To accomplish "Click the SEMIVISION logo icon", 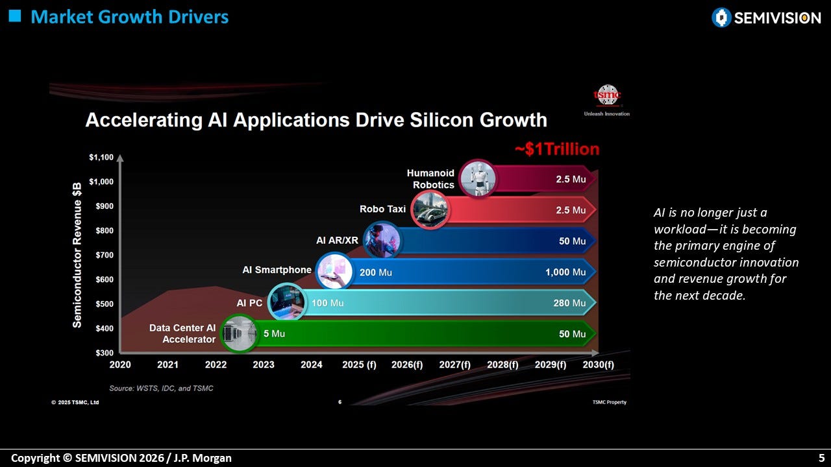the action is tap(721, 18).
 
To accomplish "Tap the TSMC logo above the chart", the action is tap(607, 95).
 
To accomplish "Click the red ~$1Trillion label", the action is tap(557, 149).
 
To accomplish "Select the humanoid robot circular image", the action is tap(478, 178).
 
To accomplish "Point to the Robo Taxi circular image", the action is tap(430, 210).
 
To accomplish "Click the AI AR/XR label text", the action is tap(337, 241).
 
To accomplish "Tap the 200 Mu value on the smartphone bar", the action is tap(375, 272).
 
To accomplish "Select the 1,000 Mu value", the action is tap(565, 272).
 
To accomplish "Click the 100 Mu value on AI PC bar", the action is tap(328, 303).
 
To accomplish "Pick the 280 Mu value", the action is tap(569, 303).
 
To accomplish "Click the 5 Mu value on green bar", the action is tap(274, 333).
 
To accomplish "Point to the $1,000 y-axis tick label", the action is tap(101, 182).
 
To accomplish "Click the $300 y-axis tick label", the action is tap(105, 352).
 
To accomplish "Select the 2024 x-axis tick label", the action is tap(311, 365).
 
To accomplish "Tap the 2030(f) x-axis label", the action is tap(598, 365).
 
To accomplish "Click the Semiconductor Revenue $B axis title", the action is tap(77, 255).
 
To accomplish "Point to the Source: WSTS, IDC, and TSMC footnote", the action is tap(161, 389).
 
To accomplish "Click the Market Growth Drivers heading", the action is tap(129, 17).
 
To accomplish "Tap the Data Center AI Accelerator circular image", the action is tap(240, 333).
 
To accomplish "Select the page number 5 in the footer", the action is tap(821, 458).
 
